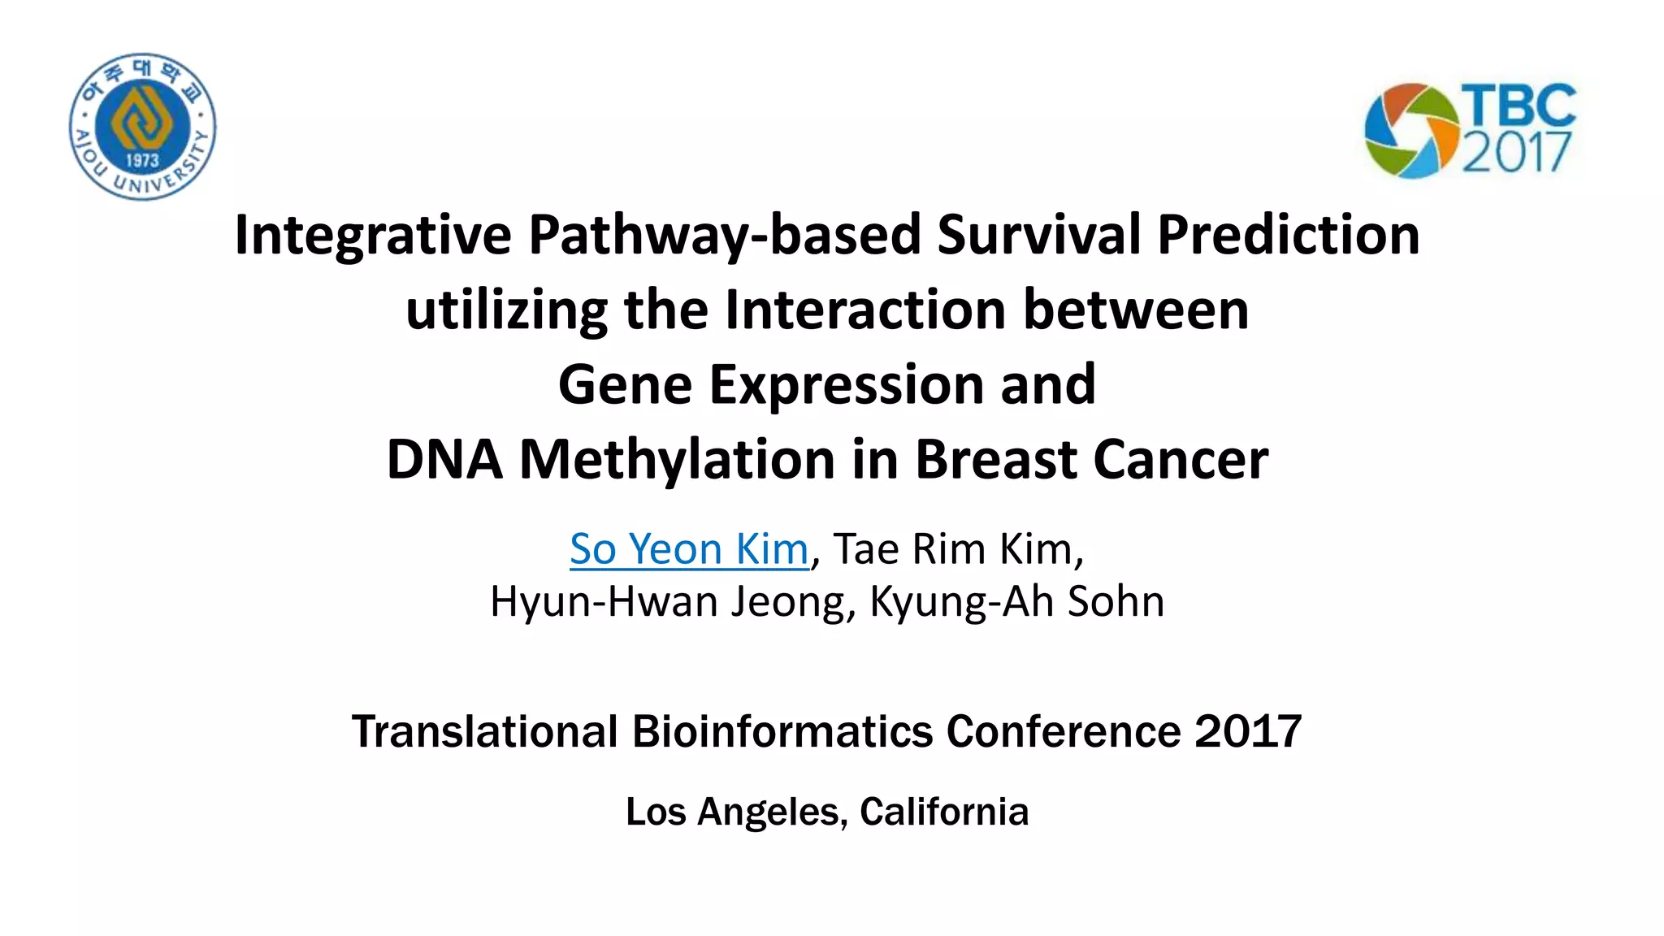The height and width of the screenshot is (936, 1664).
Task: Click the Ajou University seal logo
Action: click(x=143, y=126)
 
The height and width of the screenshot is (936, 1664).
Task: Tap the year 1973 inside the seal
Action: click(x=142, y=160)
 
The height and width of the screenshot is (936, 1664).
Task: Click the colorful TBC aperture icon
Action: click(x=1411, y=130)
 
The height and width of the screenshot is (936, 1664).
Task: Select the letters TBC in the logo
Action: click(x=1518, y=106)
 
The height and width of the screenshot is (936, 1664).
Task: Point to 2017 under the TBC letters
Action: click(x=1516, y=152)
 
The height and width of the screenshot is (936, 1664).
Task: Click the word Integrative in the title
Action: click(x=373, y=235)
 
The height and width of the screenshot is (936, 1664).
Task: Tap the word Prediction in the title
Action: click(x=1288, y=235)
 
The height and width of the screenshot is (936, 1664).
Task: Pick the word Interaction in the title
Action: click(x=865, y=310)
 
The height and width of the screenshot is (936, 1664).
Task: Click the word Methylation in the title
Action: click(x=678, y=460)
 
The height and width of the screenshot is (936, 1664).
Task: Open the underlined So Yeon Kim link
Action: click(x=689, y=549)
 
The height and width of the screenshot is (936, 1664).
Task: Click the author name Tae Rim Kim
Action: click(x=958, y=549)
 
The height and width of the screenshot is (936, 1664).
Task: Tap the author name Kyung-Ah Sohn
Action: click(x=1016, y=602)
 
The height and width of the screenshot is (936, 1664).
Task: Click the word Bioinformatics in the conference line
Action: click(x=782, y=731)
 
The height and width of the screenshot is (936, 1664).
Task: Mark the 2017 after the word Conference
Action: click(x=1248, y=731)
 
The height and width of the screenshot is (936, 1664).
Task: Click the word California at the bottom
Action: click(x=944, y=812)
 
